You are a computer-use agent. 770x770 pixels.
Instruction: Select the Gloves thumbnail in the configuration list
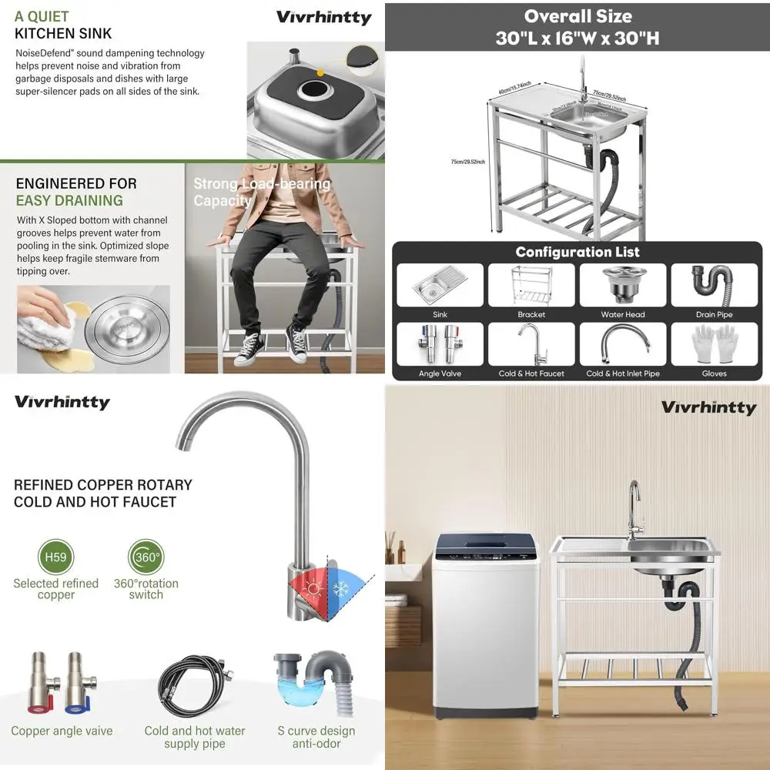pos(714,343)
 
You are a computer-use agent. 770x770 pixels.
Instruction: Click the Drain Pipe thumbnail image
pos(714,285)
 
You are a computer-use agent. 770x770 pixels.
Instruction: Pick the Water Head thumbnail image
pos(623,285)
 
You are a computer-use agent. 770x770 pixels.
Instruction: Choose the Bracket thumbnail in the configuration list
pos(531,285)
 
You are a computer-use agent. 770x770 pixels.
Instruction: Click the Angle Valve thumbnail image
pos(440,343)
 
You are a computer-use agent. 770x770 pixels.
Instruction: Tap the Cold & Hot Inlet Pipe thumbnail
pos(623,343)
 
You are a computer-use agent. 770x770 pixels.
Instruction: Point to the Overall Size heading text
pos(577,17)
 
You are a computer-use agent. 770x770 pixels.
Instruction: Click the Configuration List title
pos(577,252)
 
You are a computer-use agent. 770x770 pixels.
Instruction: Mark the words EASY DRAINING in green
pos(69,200)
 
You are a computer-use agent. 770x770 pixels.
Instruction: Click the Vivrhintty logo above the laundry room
pos(708,407)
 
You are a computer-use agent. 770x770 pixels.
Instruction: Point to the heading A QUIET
pos(42,16)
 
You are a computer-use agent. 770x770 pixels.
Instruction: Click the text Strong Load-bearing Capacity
pos(261,192)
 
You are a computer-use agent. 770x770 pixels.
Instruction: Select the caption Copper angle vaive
pos(62,731)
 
